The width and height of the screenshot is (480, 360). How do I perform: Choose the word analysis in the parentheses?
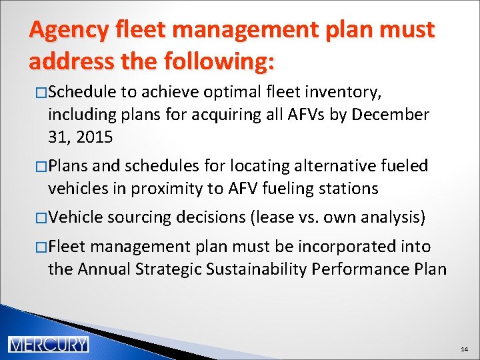(x=395, y=217)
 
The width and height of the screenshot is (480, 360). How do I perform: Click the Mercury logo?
(x=48, y=344)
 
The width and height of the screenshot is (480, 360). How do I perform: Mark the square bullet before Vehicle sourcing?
(x=41, y=217)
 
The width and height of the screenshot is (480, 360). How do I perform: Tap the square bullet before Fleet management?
(x=41, y=247)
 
